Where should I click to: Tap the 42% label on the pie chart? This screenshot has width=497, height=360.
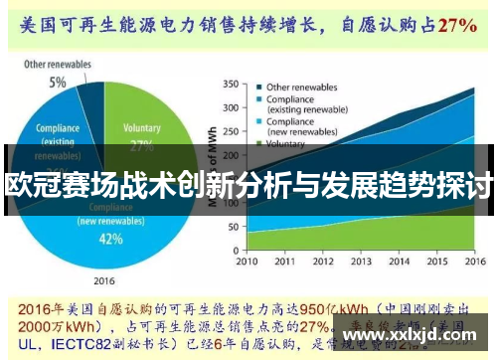(x=110, y=239)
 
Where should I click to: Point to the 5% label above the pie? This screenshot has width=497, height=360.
(x=59, y=83)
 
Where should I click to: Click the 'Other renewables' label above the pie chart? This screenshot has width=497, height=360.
(x=59, y=66)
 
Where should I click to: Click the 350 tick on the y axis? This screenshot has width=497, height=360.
(x=229, y=84)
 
